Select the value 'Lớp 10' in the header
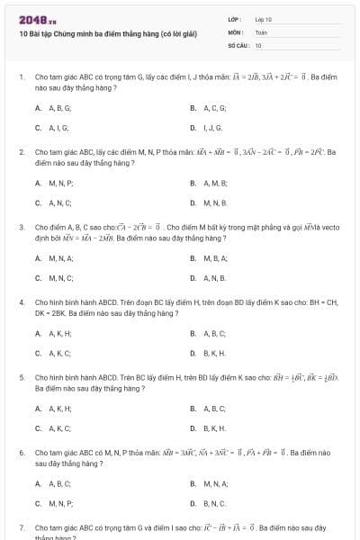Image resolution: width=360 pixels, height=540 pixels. (264, 19)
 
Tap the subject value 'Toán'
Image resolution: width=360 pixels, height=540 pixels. (261, 31)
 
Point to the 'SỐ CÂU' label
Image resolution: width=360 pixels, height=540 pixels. (238, 44)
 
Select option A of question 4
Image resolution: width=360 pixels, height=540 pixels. (53, 333)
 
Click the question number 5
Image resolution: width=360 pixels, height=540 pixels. (21, 378)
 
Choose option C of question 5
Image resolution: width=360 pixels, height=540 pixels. (53, 428)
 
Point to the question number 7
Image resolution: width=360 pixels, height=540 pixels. (21, 527)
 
